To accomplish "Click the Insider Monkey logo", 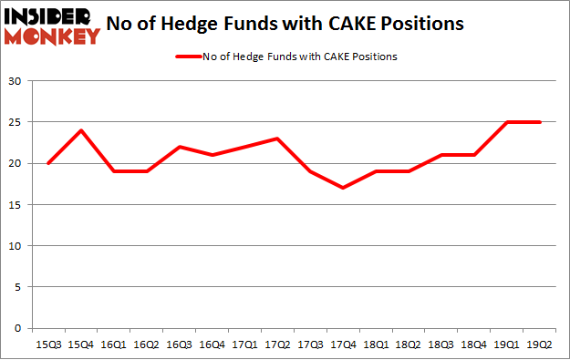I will [x=51, y=25].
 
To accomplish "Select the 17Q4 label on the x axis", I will [x=343, y=343].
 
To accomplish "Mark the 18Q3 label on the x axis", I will [x=442, y=343].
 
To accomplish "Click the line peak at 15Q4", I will [x=80, y=130].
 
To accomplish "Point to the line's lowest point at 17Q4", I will [x=343, y=188].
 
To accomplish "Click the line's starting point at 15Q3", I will [x=47, y=163].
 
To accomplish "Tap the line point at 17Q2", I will [x=277, y=139].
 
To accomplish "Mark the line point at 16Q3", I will [x=179, y=147].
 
